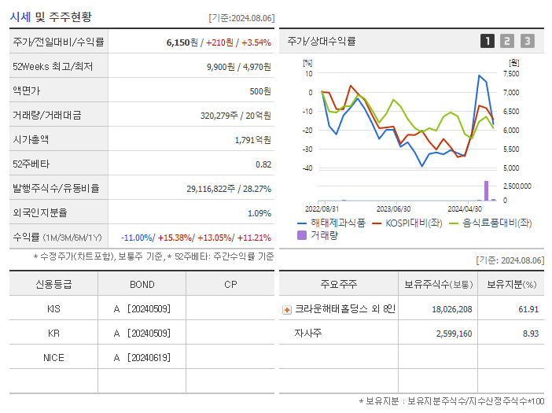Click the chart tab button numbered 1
[488, 41]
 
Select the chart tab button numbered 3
[527, 41]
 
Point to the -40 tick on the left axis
[307, 168]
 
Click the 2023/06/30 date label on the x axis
[393, 209]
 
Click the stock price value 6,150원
[181, 42]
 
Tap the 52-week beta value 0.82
[263, 164]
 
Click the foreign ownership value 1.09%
[259, 212]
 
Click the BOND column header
[142, 284]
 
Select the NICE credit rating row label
[53, 357]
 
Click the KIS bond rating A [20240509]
[142, 308]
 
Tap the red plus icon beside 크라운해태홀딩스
[287, 309]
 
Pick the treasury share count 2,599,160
[452, 333]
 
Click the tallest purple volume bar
[486, 190]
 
